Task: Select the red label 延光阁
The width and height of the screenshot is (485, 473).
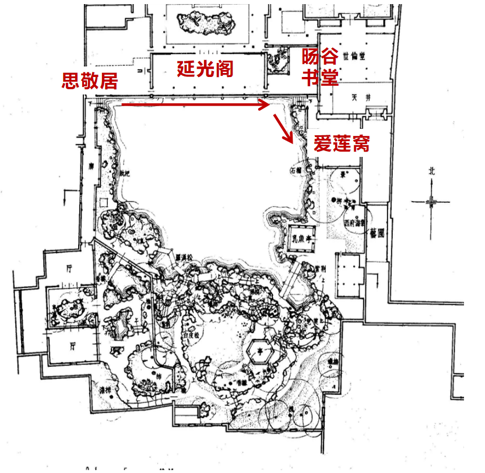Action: (205, 68)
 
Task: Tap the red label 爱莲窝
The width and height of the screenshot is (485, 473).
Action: (341, 143)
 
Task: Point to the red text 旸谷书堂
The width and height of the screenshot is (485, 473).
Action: (320, 67)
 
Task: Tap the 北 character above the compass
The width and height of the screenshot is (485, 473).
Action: (431, 171)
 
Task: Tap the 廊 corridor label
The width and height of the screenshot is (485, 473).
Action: (91, 165)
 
